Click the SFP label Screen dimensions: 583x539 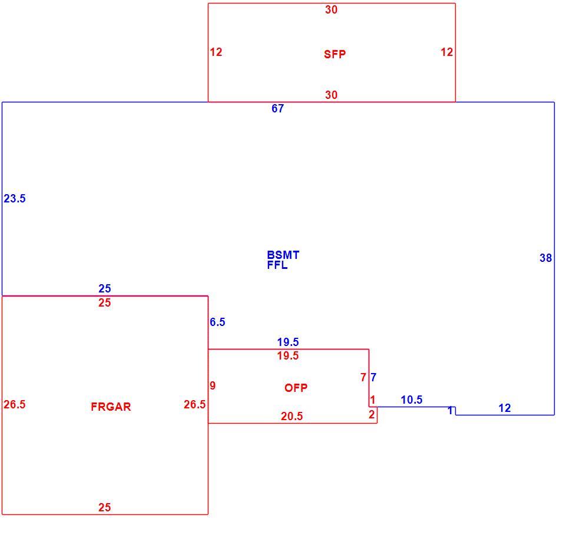click(x=334, y=54)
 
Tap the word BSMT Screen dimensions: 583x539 click(x=283, y=255)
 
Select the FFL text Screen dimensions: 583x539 click(x=277, y=265)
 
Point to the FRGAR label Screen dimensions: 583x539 click(x=111, y=407)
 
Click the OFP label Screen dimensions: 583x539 click(x=296, y=388)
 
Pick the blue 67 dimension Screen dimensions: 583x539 click(x=278, y=108)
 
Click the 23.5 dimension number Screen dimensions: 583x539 click(x=15, y=199)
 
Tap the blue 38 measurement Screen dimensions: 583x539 click(x=546, y=258)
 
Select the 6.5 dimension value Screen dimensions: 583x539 click(x=217, y=322)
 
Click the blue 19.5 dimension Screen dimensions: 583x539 click(x=288, y=342)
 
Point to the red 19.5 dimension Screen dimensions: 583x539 click(x=288, y=356)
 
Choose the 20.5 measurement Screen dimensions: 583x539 click(x=292, y=417)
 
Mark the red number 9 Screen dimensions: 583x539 click(x=213, y=385)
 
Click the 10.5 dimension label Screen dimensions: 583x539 click(x=412, y=400)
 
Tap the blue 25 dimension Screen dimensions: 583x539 click(x=105, y=289)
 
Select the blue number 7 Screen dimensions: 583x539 click(x=374, y=377)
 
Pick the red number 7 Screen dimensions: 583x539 click(x=363, y=377)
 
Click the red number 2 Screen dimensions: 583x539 click(x=372, y=415)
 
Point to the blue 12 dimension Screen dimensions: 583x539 click(x=505, y=408)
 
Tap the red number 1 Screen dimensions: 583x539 click(x=373, y=400)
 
